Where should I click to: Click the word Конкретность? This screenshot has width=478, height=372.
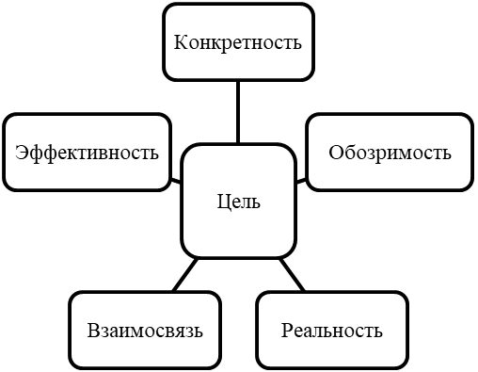click(x=238, y=42)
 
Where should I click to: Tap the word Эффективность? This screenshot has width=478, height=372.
click(x=87, y=154)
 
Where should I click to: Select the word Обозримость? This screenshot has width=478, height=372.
click(x=390, y=153)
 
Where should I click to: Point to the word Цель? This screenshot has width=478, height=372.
click(x=239, y=202)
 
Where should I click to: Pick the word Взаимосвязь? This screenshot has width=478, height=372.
click(x=145, y=331)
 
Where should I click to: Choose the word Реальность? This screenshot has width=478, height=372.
click(x=332, y=331)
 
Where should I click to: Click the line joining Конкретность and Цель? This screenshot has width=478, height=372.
click(x=238, y=112)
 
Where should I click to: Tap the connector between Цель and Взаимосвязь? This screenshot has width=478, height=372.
click(x=185, y=274)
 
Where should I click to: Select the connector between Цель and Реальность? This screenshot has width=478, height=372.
click(x=292, y=274)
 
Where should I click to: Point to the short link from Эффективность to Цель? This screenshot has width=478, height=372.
click(x=176, y=181)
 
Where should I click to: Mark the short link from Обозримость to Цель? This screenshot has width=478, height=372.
click(x=301, y=181)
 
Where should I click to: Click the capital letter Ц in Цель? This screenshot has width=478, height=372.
click(x=223, y=202)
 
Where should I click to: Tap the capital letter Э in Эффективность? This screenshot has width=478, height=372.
click(x=21, y=153)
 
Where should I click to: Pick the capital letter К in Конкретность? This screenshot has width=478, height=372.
click(x=181, y=42)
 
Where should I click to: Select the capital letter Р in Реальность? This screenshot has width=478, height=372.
click(x=287, y=331)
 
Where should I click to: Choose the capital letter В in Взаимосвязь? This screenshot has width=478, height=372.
click(x=93, y=331)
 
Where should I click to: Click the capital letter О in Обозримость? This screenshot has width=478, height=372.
click(x=335, y=153)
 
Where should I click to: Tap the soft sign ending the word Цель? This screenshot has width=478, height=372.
click(x=256, y=204)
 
